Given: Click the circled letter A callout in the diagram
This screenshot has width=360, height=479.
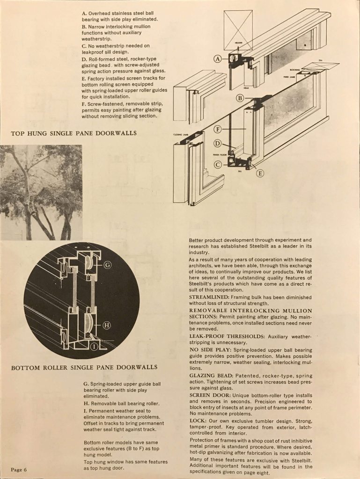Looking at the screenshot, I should [217, 59].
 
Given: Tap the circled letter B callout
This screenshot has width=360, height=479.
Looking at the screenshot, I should [239, 98].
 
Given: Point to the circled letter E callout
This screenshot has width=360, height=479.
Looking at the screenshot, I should [260, 173].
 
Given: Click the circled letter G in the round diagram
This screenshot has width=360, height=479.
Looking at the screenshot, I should [107, 266].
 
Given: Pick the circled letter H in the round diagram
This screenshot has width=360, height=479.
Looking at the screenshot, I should [106, 325].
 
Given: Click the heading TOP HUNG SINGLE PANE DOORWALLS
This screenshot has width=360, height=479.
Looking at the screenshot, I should [73, 133].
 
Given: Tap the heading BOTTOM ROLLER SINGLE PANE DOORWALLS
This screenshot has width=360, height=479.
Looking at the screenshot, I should [84, 367].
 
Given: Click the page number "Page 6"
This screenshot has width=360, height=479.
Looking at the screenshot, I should [20, 469].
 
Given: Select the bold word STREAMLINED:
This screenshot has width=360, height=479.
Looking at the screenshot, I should [208, 298].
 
